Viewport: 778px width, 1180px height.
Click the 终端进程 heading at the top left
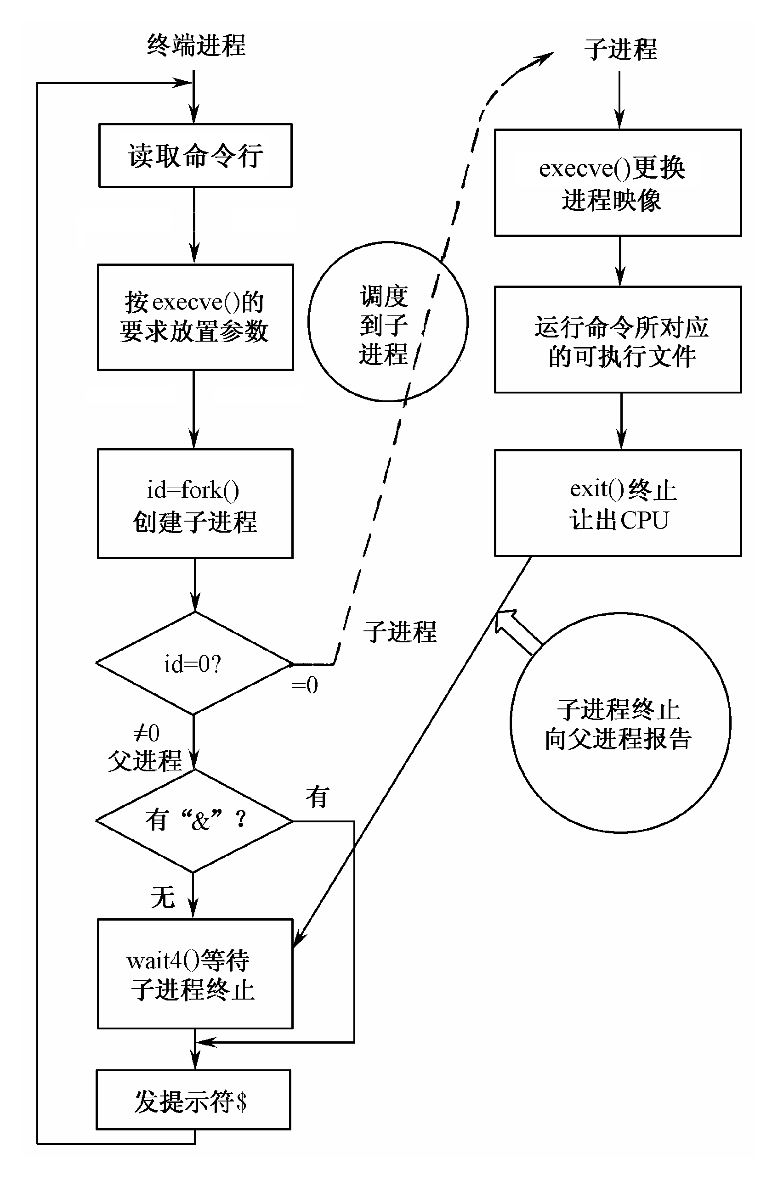(196, 45)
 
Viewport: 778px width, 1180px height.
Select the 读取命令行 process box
(195, 156)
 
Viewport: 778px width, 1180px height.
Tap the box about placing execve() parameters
(195, 317)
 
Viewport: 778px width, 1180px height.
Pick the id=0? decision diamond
(194, 663)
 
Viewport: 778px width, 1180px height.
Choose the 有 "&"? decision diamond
(194, 820)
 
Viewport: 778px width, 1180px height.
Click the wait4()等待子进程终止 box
(195, 974)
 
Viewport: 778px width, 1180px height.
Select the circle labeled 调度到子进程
(387, 322)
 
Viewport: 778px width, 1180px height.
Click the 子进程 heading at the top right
(620, 50)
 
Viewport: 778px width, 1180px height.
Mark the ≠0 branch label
(147, 733)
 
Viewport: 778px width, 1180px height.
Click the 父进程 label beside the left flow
(145, 761)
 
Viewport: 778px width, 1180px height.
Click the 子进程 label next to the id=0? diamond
(400, 633)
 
